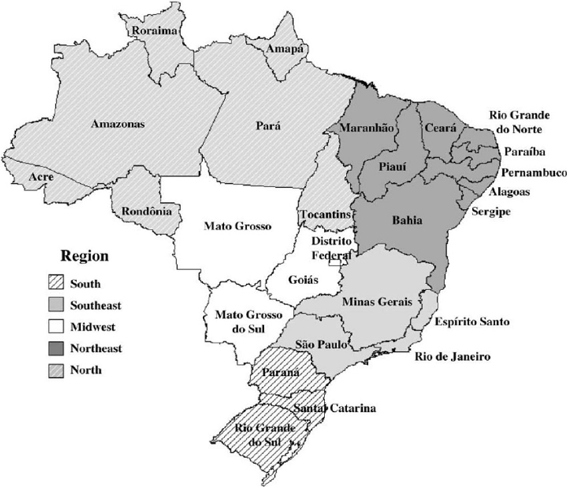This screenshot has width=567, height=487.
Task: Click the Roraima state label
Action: (154, 31)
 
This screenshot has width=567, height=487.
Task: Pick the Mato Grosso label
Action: (237, 226)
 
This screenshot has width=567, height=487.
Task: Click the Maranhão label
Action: (366, 127)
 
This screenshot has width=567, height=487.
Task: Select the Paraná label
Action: (281, 372)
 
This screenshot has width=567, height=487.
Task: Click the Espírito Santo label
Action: (472, 322)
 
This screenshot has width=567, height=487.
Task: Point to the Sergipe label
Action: (490, 212)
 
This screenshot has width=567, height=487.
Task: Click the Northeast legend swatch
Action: (55, 348)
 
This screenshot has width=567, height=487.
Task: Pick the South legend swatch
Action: (55, 284)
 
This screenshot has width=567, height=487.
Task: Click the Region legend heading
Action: (84, 256)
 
